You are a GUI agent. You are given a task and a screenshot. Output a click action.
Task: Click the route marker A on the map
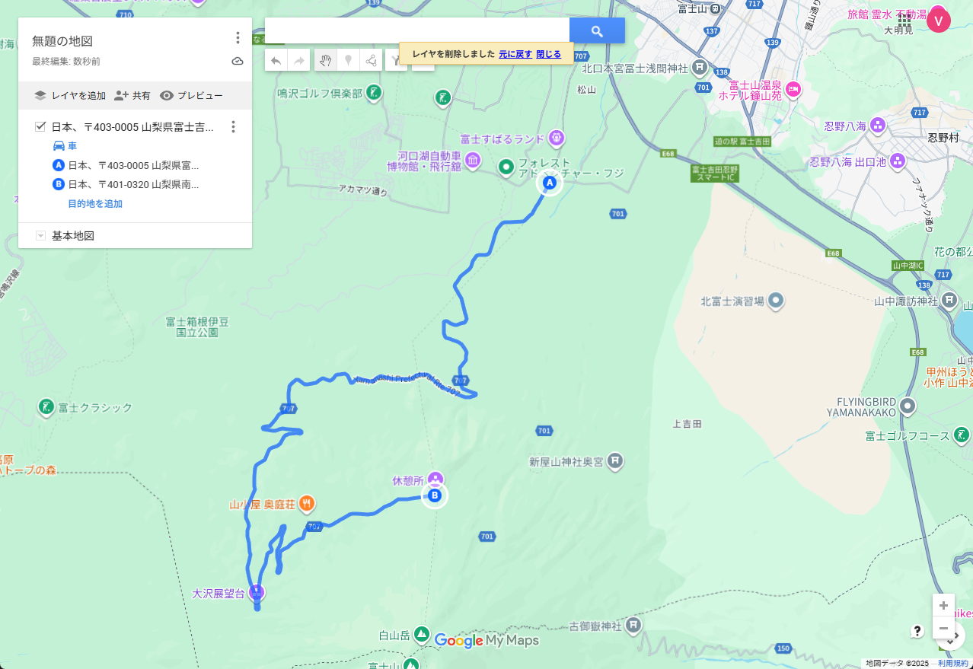click(550, 183)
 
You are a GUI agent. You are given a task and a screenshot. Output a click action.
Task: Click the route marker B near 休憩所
click(435, 496)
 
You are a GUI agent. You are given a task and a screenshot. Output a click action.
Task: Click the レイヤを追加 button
click(70, 96)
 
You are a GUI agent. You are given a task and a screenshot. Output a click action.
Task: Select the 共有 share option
click(132, 96)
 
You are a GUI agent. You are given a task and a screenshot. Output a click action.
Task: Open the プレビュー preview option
click(192, 96)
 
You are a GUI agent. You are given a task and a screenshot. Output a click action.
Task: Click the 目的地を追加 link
click(95, 204)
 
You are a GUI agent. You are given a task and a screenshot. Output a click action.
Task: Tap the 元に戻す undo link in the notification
click(515, 54)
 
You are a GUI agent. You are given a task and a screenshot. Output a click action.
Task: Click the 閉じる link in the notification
click(548, 54)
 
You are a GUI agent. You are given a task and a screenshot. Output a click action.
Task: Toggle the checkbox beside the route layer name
click(41, 126)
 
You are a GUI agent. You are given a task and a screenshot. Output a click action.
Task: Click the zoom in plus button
click(943, 606)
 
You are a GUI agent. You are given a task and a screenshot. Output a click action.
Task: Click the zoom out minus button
click(943, 629)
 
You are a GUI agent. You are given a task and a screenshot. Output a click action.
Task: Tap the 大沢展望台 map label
click(218, 594)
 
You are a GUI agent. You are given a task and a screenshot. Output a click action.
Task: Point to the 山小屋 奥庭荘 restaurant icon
click(306, 503)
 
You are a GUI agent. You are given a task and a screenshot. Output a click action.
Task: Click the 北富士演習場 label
click(732, 301)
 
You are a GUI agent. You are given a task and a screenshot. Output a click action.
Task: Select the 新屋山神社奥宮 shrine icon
click(616, 461)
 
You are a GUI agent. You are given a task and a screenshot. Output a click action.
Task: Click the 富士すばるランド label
click(502, 139)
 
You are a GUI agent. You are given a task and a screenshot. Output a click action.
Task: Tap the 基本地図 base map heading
click(73, 236)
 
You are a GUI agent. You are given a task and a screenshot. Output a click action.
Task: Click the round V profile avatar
click(939, 21)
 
